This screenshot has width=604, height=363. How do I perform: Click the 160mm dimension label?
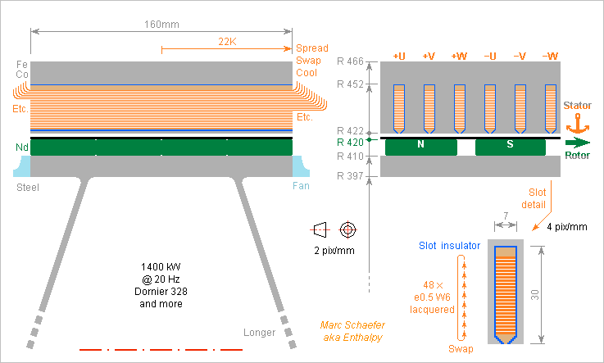point(161,24)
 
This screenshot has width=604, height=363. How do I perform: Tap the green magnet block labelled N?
point(420,147)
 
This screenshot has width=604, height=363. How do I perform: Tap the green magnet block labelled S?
point(510,147)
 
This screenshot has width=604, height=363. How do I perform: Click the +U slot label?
point(399,56)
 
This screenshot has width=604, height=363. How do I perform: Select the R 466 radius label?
point(351,61)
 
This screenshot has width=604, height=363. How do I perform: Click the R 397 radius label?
point(351,176)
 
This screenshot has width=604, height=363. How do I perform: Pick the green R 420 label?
point(351,141)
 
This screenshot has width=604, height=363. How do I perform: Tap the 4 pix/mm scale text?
point(567,226)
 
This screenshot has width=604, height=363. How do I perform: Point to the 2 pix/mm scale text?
point(334,250)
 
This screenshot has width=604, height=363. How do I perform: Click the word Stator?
point(578,106)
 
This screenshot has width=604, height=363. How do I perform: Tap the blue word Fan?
point(301,187)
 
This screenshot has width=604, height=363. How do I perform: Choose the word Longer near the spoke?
point(260,333)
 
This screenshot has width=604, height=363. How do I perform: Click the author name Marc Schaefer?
point(350,325)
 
